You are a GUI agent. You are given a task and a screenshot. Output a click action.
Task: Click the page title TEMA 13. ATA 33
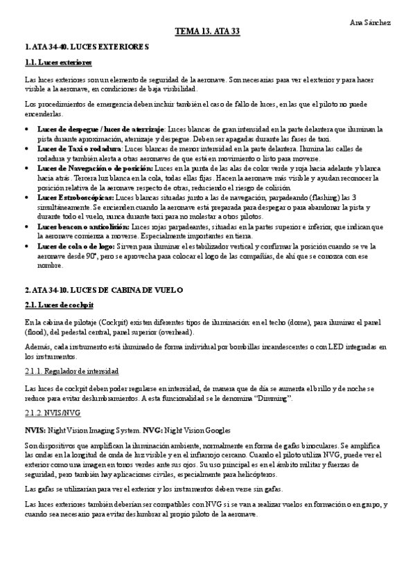207,32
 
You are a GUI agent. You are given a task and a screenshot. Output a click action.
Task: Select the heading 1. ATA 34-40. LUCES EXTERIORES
87,46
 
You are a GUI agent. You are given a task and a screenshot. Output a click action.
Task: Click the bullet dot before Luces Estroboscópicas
26,197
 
